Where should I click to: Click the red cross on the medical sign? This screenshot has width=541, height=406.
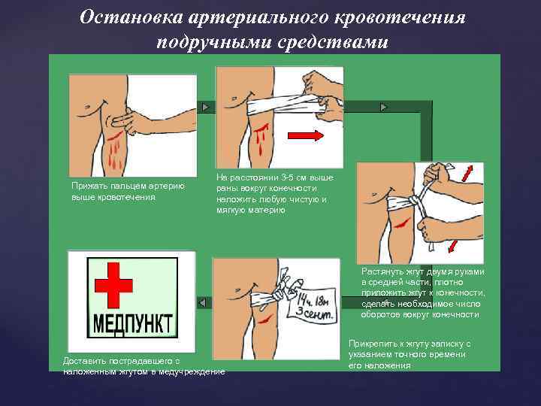113,286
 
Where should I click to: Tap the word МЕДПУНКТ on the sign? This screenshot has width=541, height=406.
132,323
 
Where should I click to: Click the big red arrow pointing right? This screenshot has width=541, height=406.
306,135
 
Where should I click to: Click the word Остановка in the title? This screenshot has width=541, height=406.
131,17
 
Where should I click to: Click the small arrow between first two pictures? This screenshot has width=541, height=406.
206,107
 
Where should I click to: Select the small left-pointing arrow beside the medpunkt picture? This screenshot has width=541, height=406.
202,303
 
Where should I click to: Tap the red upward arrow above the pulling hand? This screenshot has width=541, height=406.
467,173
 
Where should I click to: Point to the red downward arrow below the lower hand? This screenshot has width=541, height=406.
452,247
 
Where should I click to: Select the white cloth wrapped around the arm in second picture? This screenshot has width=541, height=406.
286,106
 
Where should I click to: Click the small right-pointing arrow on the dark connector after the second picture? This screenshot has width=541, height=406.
384,107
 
